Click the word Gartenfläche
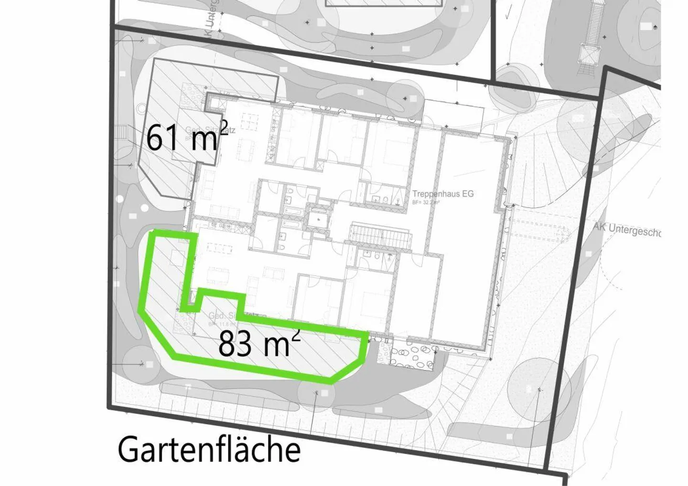point(209,449)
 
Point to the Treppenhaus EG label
point(443,194)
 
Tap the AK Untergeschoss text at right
point(627,230)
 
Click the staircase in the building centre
point(381,237)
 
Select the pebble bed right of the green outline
point(412,355)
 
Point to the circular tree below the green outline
point(315,392)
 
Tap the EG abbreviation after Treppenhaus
point(468,194)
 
